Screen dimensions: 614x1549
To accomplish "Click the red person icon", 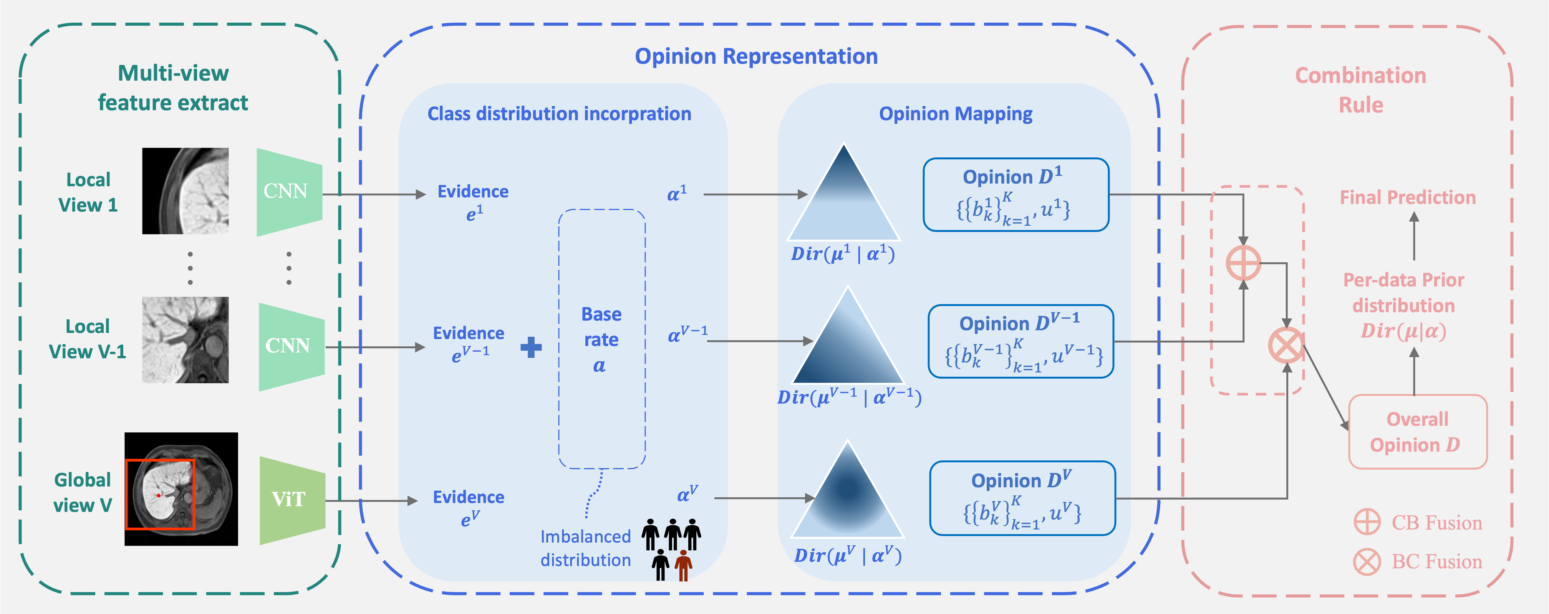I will coord(683,565).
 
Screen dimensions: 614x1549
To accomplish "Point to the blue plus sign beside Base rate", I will coord(531,347).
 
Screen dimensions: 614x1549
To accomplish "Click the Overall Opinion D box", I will coord(1417,432).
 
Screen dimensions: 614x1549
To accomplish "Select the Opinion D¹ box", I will coord(1016,195).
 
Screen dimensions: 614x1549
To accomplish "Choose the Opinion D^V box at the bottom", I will coord(1022,498).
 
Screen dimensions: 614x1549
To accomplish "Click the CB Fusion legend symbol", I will coord(1367,522).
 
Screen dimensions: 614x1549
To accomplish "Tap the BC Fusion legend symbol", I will coord(1367,562).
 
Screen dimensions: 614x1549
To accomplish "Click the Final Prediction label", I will coord(1407,198).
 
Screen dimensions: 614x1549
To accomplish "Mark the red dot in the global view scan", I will coord(159,495).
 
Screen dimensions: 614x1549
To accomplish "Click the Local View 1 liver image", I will coord(185,191).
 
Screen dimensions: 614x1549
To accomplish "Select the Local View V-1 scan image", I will coord(185,340).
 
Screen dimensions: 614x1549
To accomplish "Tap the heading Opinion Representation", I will coord(756,56).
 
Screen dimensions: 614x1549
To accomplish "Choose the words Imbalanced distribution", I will coord(585,548).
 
